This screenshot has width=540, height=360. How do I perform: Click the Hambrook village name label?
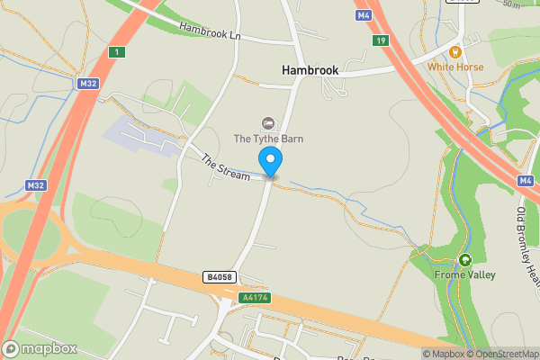tap(310, 69)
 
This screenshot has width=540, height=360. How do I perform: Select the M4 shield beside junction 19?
tap(364, 15)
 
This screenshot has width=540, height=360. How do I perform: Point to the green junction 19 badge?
tap(382, 40)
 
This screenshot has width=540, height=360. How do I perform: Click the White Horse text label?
tap(455, 67)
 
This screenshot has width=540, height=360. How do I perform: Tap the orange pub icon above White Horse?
tap(455, 52)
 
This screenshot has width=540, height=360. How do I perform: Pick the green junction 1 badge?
tap(116, 52)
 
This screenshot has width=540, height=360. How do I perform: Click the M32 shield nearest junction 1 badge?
tap(87, 83)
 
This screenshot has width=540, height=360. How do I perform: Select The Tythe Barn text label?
tap(268, 139)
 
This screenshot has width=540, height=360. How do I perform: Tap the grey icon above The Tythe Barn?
tap(267, 122)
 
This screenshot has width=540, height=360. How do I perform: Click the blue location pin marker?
tap(271, 162)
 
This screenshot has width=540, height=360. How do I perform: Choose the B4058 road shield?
tap(220, 277)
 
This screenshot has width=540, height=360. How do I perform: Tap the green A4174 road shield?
tap(255, 297)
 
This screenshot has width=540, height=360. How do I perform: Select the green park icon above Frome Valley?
tap(464, 260)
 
